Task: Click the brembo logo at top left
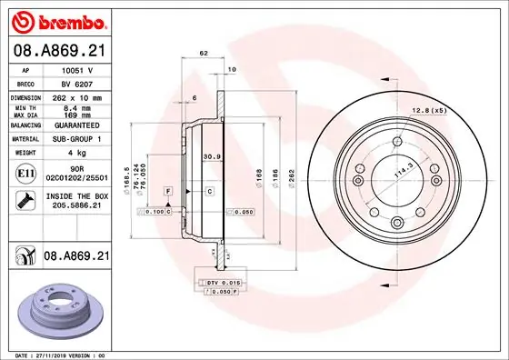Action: [55, 19]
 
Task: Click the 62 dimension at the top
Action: [204, 54]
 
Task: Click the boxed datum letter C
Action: [208, 192]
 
